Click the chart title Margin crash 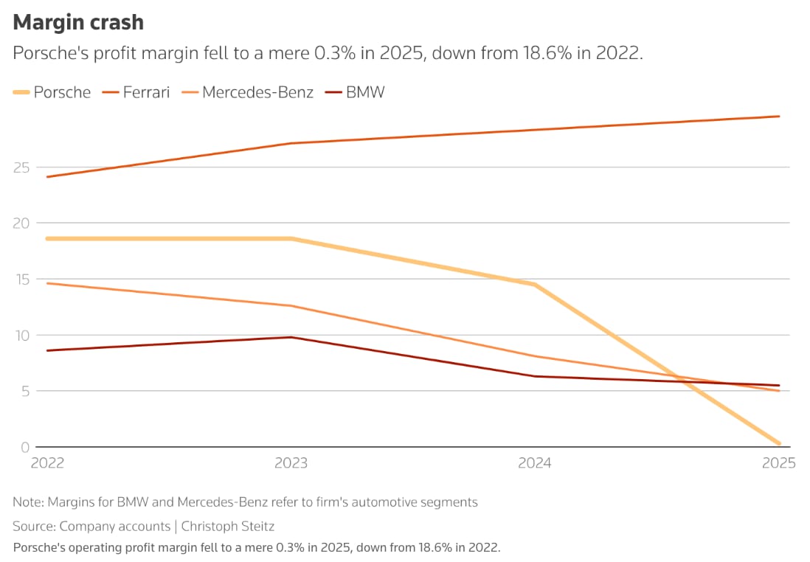[x=78, y=23]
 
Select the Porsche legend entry [x=62, y=92]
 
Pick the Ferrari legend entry [x=146, y=92]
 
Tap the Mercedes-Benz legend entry [x=257, y=92]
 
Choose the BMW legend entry [x=365, y=92]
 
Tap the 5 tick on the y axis [x=24, y=392]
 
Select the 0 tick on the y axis [x=24, y=448]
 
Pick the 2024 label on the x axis [x=535, y=464]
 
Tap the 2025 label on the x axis [x=779, y=464]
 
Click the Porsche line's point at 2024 [x=535, y=285]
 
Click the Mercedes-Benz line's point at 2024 [x=535, y=356]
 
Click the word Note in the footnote [x=27, y=502]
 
